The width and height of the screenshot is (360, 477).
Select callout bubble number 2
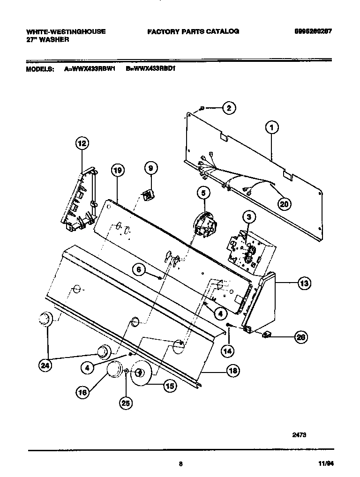(228, 108)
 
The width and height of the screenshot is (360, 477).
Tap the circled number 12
(82, 143)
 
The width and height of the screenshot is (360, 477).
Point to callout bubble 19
(118, 171)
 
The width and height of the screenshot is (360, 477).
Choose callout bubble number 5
(203, 192)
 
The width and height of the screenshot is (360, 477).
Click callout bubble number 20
(284, 203)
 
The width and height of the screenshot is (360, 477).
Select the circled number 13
(304, 283)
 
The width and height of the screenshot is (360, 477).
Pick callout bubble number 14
(227, 349)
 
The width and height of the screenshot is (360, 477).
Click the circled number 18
(232, 371)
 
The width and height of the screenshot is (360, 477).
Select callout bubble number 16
(82, 393)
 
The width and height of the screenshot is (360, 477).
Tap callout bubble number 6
(139, 269)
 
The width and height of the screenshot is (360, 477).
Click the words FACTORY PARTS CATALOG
(193, 31)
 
